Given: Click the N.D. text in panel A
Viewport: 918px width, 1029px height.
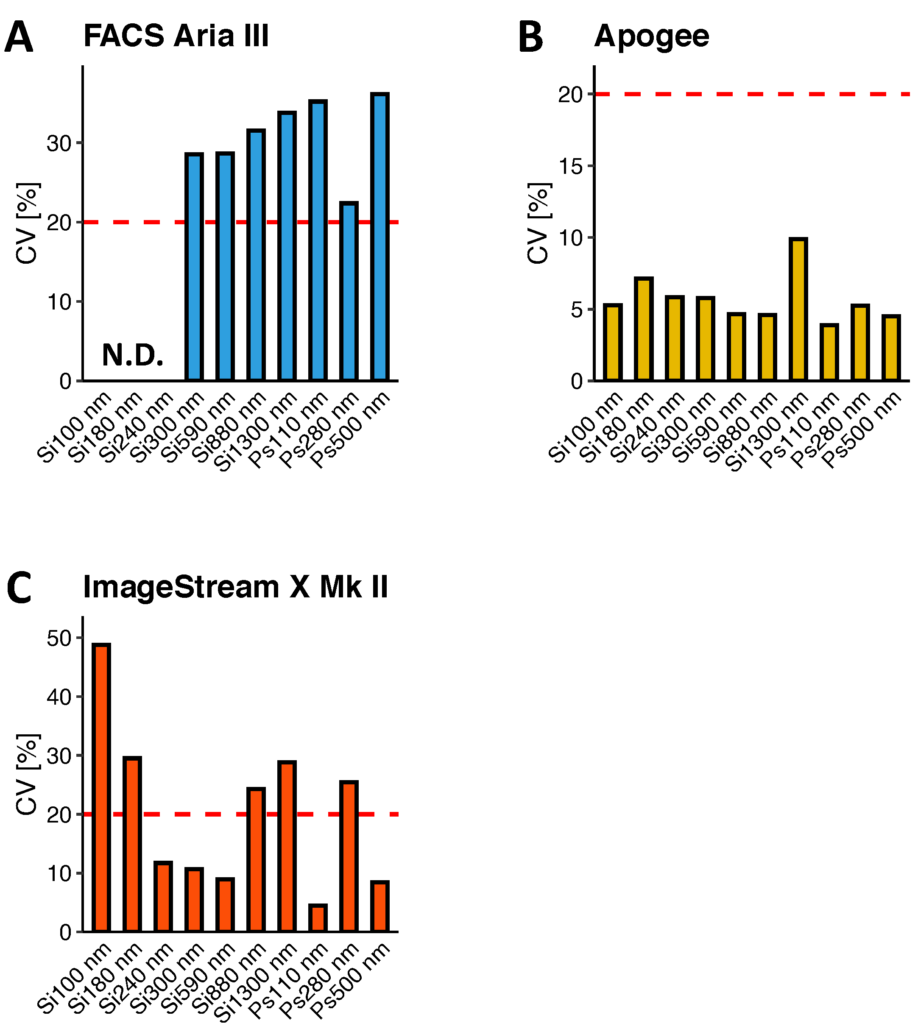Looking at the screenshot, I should (133, 355).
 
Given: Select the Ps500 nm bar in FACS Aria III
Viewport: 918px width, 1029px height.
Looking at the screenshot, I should (380, 237).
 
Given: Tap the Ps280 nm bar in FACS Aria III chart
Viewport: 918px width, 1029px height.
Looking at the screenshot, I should (349, 292).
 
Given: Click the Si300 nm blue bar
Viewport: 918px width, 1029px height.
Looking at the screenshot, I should (194, 268).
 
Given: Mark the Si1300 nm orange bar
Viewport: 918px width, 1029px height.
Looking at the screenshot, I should (287, 847).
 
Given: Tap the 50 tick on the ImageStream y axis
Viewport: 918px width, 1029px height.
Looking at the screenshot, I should (59, 639).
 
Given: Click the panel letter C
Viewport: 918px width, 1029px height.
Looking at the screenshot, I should (20, 587).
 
